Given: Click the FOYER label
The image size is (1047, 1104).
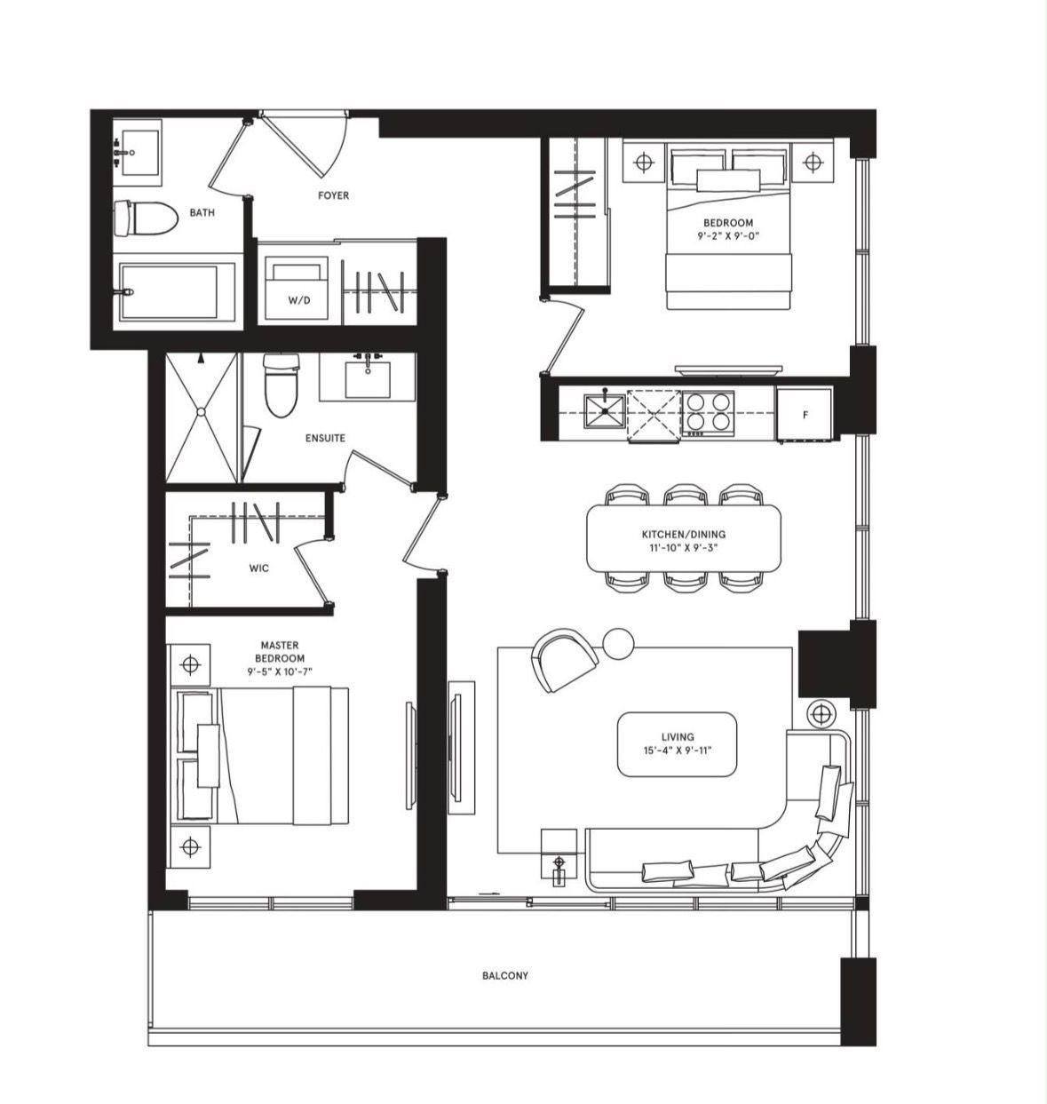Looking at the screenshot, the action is (x=333, y=195).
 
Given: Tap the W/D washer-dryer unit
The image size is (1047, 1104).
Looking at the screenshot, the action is (x=296, y=289).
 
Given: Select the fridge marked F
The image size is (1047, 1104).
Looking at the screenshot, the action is (x=805, y=414).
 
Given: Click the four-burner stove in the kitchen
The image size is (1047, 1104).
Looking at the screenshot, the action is (x=709, y=413).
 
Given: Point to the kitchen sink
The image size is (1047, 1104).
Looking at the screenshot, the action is (x=605, y=411).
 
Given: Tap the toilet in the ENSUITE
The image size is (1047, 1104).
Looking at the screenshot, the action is (x=281, y=385).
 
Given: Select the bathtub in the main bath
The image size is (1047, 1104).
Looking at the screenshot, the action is (x=174, y=292).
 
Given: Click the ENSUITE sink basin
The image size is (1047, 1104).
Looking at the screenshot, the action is (x=368, y=379).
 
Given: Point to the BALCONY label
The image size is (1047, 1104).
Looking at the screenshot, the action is (x=505, y=975).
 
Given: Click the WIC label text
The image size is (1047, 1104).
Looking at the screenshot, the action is (x=259, y=568).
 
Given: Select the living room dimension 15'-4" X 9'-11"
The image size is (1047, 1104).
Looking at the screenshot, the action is (x=678, y=750).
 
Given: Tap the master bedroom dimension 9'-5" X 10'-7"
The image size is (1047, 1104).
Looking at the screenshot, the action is (x=280, y=671).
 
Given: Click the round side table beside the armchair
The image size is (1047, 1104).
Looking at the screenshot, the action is (x=618, y=644).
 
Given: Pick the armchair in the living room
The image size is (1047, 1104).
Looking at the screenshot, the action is (x=564, y=661).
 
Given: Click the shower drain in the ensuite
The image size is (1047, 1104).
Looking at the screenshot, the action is (x=201, y=412).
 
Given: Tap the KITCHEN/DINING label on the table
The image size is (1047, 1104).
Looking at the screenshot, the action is (x=684, y=534).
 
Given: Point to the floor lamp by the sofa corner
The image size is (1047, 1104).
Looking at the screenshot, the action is (x=821, y=714).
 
